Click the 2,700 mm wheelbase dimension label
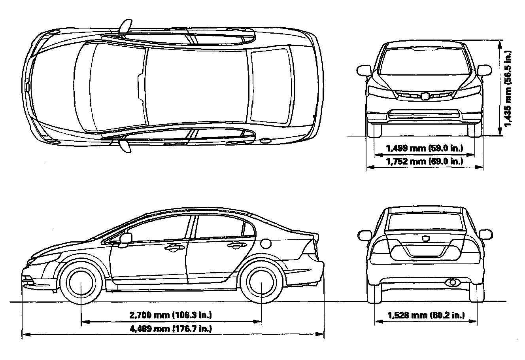point(171,315)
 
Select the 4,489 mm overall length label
point(171,328)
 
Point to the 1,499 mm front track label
point(425,148)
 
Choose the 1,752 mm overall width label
point(425,161)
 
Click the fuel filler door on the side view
point(265,242)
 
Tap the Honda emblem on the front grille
point(425,95)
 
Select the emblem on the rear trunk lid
point(426,238)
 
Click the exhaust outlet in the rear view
point(451,282)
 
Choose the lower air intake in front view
point(425,115)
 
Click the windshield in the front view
point(425,60)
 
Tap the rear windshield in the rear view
point(425,222)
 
